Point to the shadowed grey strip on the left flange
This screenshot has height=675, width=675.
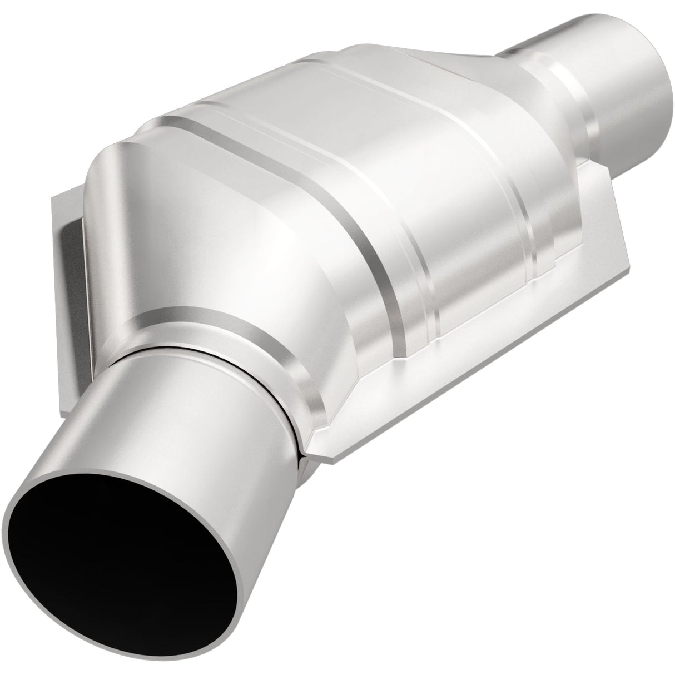[x=72, y=239]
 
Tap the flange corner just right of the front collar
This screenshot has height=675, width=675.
[x=334, y=445]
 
